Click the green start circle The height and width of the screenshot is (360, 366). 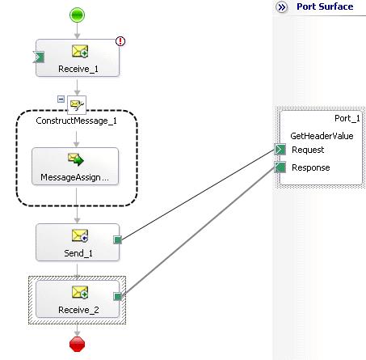[77, 15]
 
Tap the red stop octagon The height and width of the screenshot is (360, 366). [78, 344]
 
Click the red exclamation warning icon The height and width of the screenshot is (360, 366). [120, 41]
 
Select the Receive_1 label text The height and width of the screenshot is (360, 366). [78, 69]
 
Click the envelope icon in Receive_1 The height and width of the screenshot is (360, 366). [80, 51]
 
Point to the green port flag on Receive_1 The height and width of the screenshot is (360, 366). [39, 57]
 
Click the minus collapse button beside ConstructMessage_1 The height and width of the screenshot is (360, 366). [61, 100]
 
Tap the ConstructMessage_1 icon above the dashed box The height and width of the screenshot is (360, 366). [77, 104]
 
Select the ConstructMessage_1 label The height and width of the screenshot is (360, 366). [77, 121]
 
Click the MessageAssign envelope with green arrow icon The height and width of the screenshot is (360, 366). [76, 159]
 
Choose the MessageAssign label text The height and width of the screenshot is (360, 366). [74, 177]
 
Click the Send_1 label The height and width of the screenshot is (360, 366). [78, 253]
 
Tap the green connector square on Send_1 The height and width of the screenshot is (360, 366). [118, 239]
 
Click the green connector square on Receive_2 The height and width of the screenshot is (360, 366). [118, 297]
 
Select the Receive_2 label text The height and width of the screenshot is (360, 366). [78, 310]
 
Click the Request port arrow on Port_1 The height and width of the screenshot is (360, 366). [280, 150]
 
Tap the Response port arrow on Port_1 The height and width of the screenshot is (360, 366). [280, 167]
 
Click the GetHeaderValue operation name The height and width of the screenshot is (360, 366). [322, 136]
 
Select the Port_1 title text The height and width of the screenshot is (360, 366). [347, 118]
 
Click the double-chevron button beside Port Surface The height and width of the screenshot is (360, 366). [282, 7]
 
